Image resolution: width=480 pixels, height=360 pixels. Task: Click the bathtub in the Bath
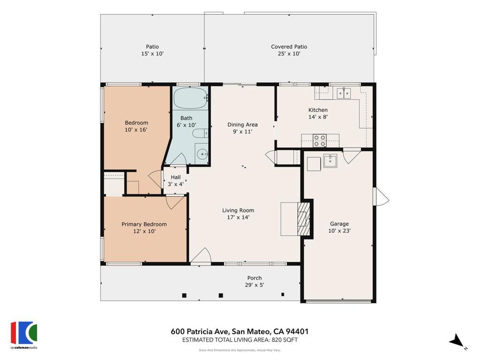click(191, 98)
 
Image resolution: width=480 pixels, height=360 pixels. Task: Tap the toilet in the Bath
click(200, 134)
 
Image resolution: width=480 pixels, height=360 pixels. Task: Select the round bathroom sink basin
click(202, 154)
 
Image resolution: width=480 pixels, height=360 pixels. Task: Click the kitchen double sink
click(344, 93)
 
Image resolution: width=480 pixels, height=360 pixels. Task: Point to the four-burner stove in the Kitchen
click(320, 141)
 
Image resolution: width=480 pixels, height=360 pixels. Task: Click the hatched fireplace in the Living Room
click(303, 219)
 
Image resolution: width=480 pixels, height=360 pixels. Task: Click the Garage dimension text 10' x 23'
click(339, 231)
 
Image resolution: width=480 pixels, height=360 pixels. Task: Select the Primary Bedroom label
click(144, 224)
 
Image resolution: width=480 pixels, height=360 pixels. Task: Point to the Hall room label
click(176, 177)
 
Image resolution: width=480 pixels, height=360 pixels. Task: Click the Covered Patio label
click(289, 46)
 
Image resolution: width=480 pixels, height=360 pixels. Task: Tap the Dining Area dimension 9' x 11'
click(242, 132)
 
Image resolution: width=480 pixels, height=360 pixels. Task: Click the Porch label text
click(255, 278)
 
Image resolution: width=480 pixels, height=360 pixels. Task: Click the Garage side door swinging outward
click(381, 197)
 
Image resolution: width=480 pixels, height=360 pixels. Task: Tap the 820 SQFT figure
click(285, 340)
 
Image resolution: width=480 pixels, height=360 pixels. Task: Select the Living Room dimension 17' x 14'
click(238, 217)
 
